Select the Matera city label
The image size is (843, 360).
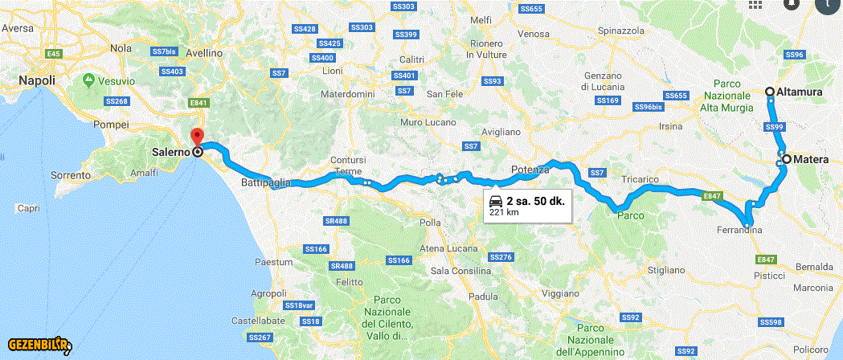(810, 160)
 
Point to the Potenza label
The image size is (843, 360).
(529, 170)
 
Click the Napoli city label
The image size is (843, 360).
(36, 80)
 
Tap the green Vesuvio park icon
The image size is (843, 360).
(88, 80)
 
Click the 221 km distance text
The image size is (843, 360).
(503, 213)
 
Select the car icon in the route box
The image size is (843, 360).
(496, 201)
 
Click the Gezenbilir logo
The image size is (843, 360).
(40, 346)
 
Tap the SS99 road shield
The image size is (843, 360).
(773, 127)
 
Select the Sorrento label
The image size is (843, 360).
(70, 174)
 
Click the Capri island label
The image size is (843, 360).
(28, 209)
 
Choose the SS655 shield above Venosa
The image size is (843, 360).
(531, 9)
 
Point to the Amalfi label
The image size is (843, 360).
(145, 173)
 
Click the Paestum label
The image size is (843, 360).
(273, 262)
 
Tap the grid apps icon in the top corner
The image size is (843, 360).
(755, 4)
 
